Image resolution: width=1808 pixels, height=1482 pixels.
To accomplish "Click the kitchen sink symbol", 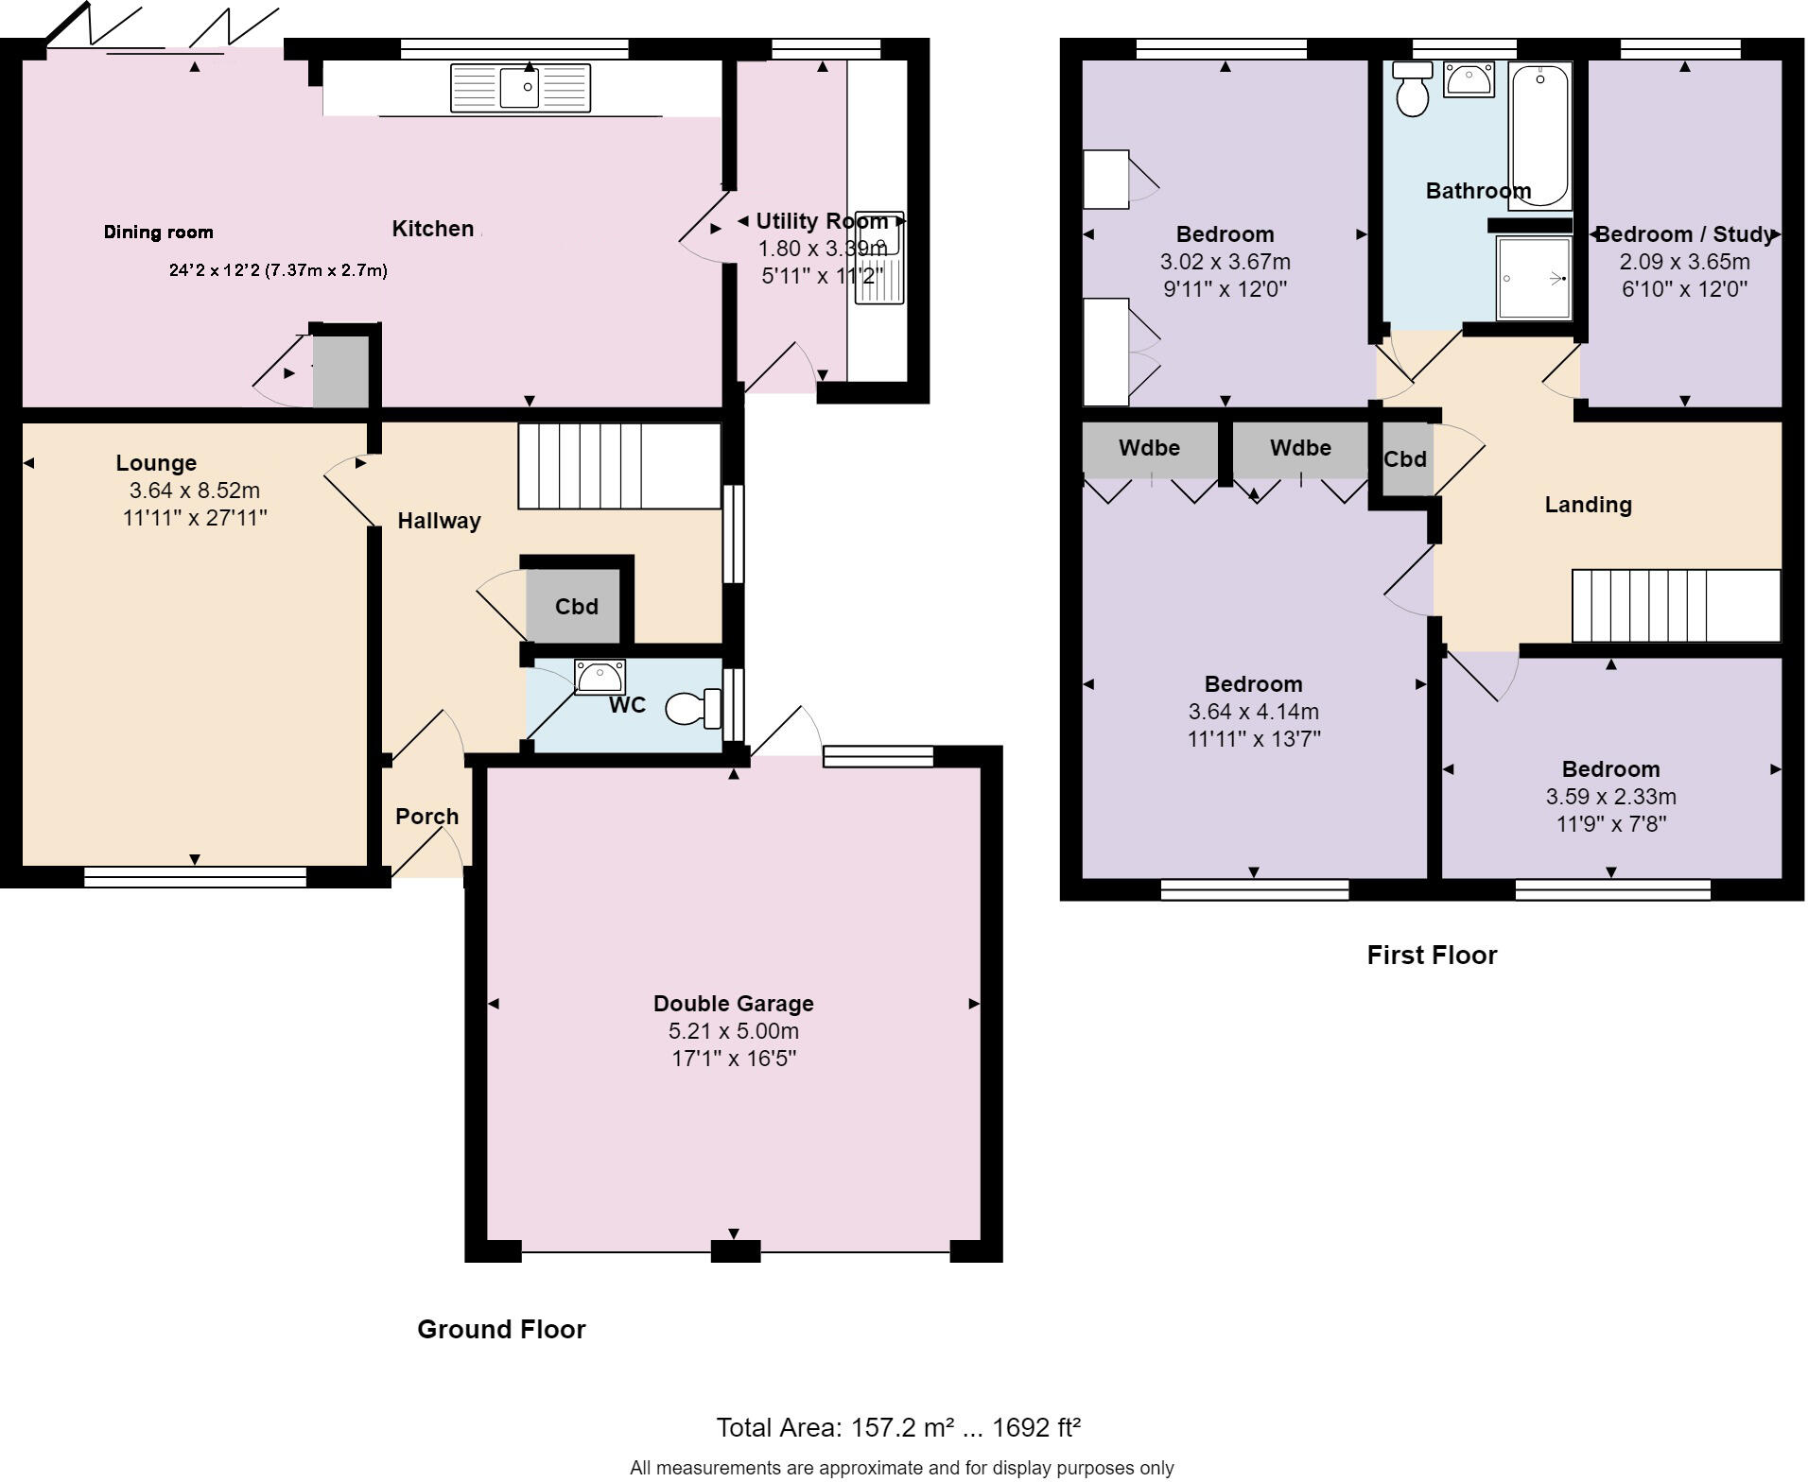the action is [520, 88].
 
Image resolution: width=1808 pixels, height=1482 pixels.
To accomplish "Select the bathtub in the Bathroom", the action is [1539, 135].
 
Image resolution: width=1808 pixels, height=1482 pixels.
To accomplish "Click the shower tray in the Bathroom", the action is [1533, 278].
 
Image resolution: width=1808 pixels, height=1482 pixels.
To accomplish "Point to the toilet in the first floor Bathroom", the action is [1413, 90].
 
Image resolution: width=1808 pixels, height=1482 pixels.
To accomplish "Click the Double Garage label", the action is [733, 1004].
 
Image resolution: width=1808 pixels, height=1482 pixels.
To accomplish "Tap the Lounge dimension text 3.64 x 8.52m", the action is [194, 491].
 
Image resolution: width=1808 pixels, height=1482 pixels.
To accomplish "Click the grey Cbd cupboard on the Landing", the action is [1404, 459].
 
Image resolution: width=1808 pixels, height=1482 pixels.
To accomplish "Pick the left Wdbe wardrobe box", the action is [1149, 448].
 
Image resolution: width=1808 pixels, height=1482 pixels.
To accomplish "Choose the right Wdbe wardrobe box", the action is [1300, 448].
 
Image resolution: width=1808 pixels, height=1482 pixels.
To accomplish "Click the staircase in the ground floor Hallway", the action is [618, 466].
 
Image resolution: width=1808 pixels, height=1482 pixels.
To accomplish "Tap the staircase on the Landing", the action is [1676, 606].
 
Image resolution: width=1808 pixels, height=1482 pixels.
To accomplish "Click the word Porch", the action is [426, 817].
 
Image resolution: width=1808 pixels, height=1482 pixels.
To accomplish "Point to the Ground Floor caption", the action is [501, 1330].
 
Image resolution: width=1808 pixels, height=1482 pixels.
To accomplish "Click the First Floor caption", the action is [1432, 956].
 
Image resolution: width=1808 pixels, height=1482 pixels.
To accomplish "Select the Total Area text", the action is [897, 1427].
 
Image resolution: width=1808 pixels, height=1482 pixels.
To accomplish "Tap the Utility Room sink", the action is [880, 257].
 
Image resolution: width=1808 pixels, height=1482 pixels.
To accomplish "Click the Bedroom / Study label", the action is [1684, 234].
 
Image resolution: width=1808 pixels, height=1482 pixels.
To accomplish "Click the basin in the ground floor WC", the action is [600, 676].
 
